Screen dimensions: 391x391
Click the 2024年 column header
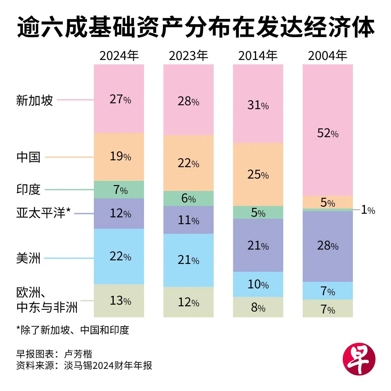pos(119,56)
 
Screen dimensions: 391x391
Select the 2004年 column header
pos(327,56)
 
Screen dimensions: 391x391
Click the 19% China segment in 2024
pos(119,157)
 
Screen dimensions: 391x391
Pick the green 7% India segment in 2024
pos(119,190)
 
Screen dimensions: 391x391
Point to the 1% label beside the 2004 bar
pos(368,210)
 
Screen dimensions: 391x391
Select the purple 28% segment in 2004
pos(328,246)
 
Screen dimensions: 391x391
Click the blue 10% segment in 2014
pos(258,284)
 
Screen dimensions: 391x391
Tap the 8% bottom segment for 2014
pos(258,307)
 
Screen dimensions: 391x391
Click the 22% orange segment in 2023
pos(188,163)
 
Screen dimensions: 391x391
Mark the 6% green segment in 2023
pos(188,198)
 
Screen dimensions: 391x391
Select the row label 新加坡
pos(35,100)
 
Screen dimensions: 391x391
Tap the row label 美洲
pos(28,259)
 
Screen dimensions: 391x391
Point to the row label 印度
pos(28,189)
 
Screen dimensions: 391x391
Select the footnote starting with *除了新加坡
pos(73,330)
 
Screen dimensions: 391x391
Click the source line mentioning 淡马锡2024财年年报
pos(84,366)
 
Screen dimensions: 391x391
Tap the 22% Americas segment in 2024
pos(119,256)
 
